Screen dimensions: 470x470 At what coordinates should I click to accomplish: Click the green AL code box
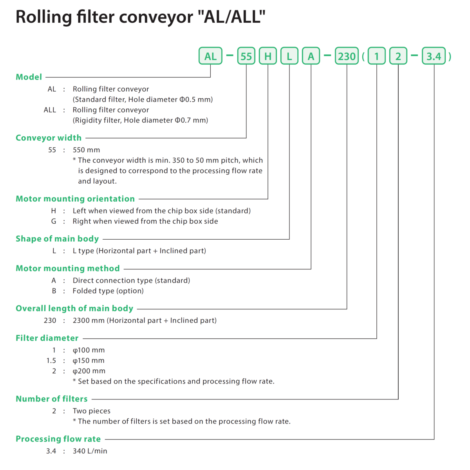coord(210,56)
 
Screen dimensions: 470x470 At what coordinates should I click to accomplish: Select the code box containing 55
coord(246,56)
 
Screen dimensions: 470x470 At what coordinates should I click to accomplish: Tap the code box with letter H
coord(268,56)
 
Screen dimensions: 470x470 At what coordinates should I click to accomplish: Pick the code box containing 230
coord(347,56)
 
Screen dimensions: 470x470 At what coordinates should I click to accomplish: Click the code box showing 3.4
coord(434,56)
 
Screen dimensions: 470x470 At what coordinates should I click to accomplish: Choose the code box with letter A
coord(311,56)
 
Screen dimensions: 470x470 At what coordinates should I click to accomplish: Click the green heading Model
coord(29,77)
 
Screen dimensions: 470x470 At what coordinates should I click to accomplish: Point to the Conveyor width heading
coord(49,138)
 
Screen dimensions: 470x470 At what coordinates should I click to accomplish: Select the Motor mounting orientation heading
coord(75,199)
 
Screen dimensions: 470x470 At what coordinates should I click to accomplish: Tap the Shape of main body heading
coord(57,239)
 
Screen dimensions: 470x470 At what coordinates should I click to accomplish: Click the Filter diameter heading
coord(47,338)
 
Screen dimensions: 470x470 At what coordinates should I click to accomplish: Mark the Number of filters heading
coord(52,399)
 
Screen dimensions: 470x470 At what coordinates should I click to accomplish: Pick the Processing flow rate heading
coord(58,439)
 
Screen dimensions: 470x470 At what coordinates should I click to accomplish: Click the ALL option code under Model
coord(50,110)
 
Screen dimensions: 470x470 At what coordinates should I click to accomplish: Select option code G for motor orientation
coord(54,221)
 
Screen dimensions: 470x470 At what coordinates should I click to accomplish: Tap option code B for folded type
coord(54,291)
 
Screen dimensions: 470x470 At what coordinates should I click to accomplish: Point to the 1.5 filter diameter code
coord(51,361)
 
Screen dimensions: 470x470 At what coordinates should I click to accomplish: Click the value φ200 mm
coord(89,371)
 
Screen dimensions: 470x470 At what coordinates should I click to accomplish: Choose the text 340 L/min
coord(90,451)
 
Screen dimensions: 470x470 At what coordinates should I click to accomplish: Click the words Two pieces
coord(92,411)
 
